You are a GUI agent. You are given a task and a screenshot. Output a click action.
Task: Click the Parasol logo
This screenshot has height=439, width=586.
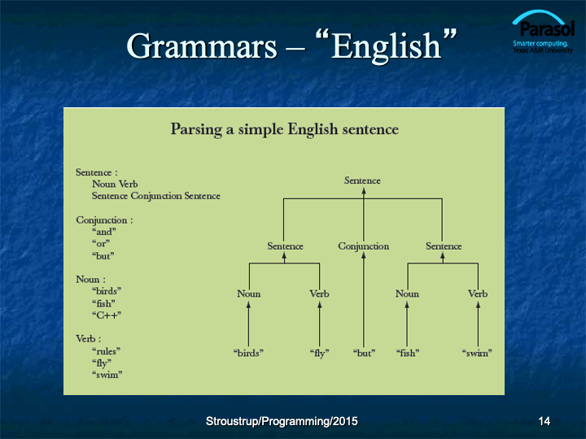pyautogui.click(x=543, y=32)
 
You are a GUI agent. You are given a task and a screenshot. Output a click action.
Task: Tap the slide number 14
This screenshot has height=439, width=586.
pyautogui.click(x=544, y=421)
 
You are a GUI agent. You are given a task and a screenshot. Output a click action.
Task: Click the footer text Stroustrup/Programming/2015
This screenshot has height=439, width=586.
pyautogui.click(x=282, y=421)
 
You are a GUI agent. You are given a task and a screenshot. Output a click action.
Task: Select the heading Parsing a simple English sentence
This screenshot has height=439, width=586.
pyautogui.click(x=284, y=129)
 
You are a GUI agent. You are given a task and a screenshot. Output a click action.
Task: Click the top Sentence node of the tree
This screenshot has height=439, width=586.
pyautogui.click(x=362, y=180)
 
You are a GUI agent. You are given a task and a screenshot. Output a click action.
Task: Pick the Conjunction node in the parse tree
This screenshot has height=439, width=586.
pyautogui.click(x=364, y=246)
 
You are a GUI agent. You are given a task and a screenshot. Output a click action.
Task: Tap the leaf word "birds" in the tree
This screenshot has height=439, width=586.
pyautogui.click(x=248, y=353)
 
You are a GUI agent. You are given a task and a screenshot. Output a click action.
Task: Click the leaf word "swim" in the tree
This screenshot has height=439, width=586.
pyautogui.click(x=477, y=353)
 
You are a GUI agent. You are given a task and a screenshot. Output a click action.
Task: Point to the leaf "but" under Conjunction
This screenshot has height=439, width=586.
pyautogui.click(x=364, y=353)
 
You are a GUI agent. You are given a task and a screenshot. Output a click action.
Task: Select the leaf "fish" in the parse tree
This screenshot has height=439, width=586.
pyautogui.click(x=408, y=353)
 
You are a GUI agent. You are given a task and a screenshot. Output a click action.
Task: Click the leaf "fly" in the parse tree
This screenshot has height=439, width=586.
pyautogui.click(x=320, y=353)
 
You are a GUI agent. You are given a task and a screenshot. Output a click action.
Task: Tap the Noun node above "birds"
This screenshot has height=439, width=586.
pyautogui.click(x=248, y=293)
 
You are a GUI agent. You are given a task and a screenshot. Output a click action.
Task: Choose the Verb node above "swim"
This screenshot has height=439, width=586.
pyautogui.click(x=478, y=293)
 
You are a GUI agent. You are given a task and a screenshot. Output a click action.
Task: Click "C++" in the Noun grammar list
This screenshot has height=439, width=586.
pyautogui.click(x=107, y=315)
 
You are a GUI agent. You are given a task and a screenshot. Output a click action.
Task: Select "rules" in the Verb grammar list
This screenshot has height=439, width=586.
pyautogui.click(x=106, y=351)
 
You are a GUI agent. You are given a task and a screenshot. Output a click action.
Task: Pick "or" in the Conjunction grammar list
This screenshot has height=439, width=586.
pyautogui.click(x=101, y=244)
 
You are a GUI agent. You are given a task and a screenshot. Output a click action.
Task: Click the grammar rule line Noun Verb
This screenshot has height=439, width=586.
pyautogui.click(x=115, y=184)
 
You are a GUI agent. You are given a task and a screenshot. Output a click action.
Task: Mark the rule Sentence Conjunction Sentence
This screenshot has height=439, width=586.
pyautogui.click(x=156, y=197)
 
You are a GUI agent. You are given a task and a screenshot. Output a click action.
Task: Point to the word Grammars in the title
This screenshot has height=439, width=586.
pyautogui.click(x=202, y=46)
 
